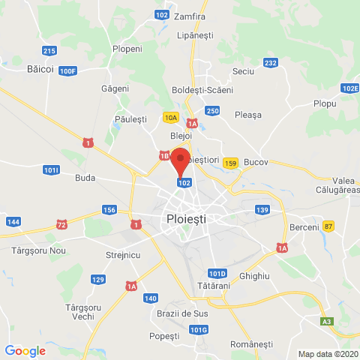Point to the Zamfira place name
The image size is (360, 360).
coord(189,16)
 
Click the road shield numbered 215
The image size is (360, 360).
coord(49,51)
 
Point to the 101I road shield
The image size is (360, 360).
coord(51,170)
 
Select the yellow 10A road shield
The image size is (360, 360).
coord(171,118)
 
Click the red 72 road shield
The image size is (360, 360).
coord(61,224)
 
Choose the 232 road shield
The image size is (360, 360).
coord(271,63)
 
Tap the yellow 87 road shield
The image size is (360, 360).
coord(328,226)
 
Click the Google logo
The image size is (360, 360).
coord(25,350)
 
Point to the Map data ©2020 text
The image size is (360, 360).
coord(328,354)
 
